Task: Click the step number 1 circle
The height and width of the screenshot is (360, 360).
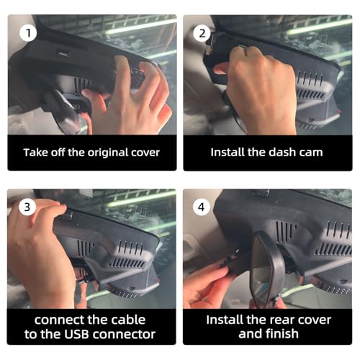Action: (28, 33)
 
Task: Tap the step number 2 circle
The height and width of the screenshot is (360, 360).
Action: (202, 33)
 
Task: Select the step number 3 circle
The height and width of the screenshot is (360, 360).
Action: (27, 207)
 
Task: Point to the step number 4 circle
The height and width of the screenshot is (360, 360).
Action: (202, 207)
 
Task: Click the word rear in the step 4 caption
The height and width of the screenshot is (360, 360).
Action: (281, 320)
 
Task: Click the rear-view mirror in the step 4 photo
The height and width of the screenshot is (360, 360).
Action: (266, 266)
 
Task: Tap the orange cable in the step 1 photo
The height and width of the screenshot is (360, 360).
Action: (87, 122)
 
